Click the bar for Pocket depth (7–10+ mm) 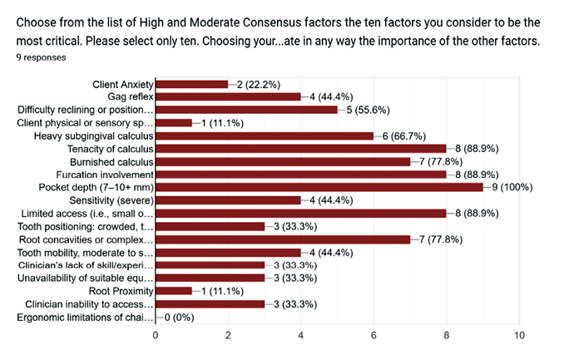point(319,188)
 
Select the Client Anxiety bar point(192,84)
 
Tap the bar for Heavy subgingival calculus point(265,136)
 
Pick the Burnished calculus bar point(283,162)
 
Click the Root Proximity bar point(174,292)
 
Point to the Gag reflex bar point(228,96)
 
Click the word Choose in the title point(37,21)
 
